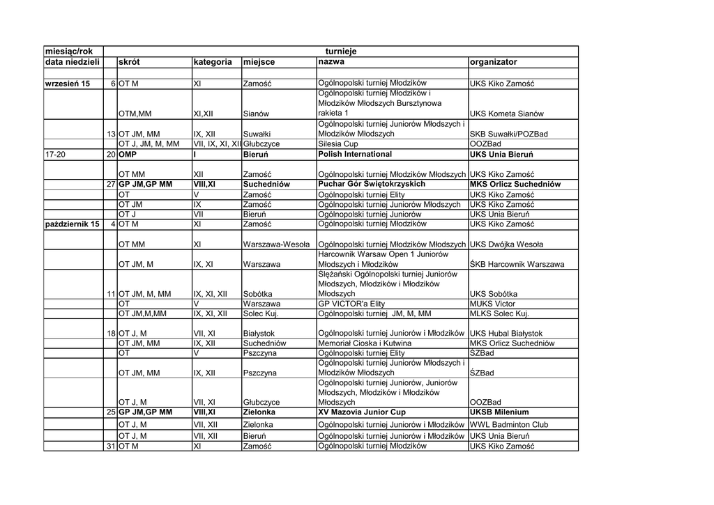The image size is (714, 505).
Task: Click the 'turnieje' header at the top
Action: [341, 52]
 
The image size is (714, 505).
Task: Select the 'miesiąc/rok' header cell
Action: [68, 52]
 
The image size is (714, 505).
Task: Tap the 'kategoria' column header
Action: [213, 62]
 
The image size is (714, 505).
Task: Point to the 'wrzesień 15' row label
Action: [68, 84]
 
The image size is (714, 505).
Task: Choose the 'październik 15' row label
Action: [71, 224]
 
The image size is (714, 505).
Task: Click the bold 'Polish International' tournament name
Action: [355, 154]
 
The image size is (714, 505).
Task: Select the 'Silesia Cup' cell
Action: [338, 144]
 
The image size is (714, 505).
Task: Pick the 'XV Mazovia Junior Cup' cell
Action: [361, 412]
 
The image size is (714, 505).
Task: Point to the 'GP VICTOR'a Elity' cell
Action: [351, 304]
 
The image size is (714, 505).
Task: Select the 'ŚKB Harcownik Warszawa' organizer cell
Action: [517, 265]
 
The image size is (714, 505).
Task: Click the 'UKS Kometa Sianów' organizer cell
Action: [507, 114]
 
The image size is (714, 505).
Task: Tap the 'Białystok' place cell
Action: [259, 334]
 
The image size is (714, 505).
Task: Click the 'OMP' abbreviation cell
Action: [127, 154]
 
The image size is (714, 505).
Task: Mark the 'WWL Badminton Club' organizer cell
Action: [509, 425]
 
